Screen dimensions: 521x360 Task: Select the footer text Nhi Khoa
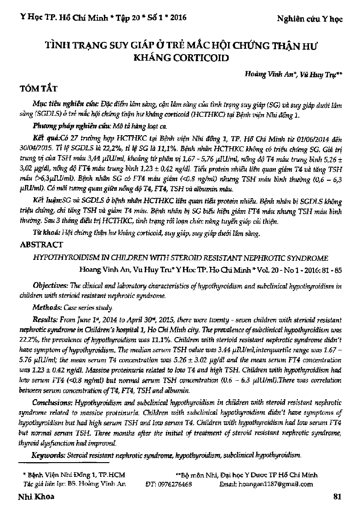(35, 497)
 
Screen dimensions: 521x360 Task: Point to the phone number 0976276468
(174, 484)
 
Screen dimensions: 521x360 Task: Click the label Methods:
(46, 307)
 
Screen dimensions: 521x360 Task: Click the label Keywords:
(48, 455)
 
